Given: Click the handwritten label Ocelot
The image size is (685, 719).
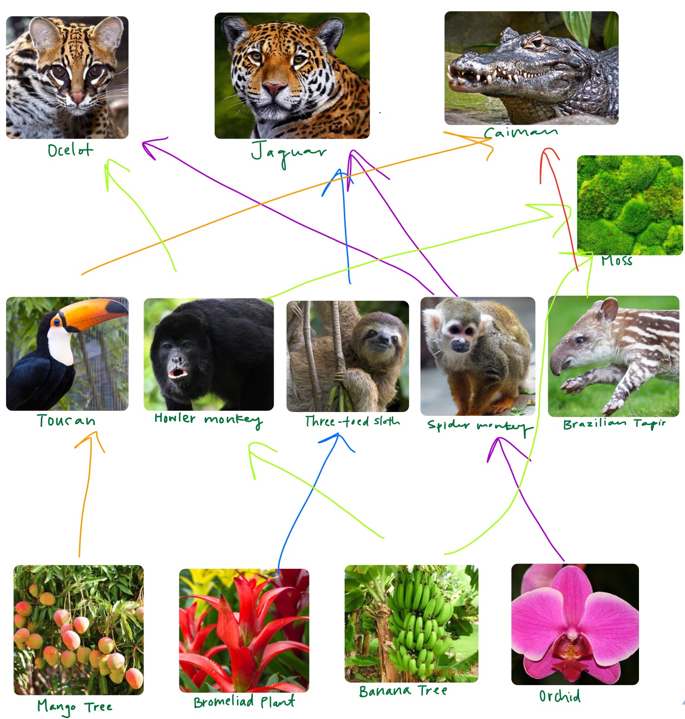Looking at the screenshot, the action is coord(70,150).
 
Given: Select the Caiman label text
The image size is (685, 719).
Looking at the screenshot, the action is coord(520,133).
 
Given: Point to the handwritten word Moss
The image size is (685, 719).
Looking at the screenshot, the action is coord(617,260).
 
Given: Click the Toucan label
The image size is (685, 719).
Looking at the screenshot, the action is coord(66,420).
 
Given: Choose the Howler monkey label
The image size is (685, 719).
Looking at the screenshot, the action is coord(209,419).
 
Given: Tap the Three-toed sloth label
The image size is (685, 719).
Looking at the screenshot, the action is coord(352,421).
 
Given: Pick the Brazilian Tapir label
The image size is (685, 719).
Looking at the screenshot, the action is coord(614,424).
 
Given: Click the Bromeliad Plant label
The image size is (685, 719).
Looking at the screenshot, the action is coord(244,701).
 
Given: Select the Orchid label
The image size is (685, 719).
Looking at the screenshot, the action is coord(560,696).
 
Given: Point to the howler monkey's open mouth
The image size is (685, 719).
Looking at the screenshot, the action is coord(178,373).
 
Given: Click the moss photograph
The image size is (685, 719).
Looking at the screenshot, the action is coord(630,205).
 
